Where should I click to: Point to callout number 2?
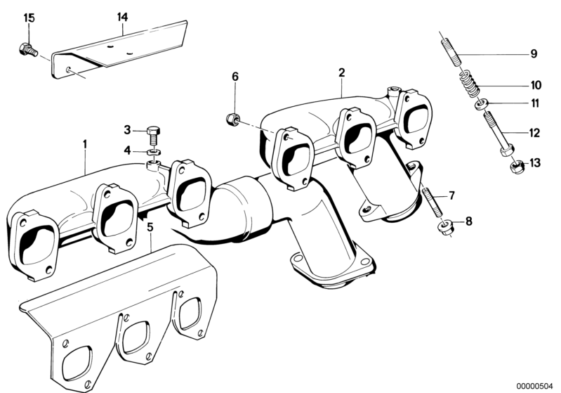[341, 72]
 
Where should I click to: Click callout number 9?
[533, 53]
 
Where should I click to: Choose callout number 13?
[535, 163]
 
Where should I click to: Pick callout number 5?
[150, 226]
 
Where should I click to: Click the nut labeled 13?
[514, 169]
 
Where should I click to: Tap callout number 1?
[84, 143]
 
